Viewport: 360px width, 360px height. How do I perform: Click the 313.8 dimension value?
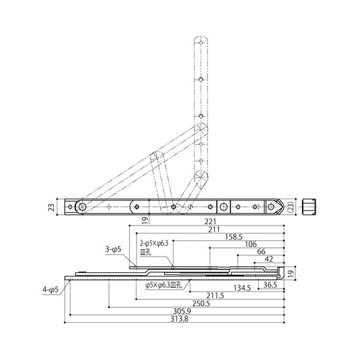click(x=179, y=319)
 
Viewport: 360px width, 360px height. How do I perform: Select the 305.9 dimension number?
click(x=182, y=311)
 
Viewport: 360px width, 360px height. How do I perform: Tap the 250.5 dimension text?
click(x=201, y=303)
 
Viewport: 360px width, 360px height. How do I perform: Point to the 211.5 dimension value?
click(x=215, y=296)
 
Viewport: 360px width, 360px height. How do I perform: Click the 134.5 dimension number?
click(x=242, y=288)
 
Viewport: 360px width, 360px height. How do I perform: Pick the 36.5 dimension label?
click(x=270, y=285)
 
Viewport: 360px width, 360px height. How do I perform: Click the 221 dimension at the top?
click(x=210, y=222)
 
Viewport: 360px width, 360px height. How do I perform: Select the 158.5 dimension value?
click(x=234, y=237)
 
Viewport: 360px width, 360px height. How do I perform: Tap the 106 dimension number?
click(x=251, y=245)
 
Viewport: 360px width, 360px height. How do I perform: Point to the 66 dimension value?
click(x=261, y=252)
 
